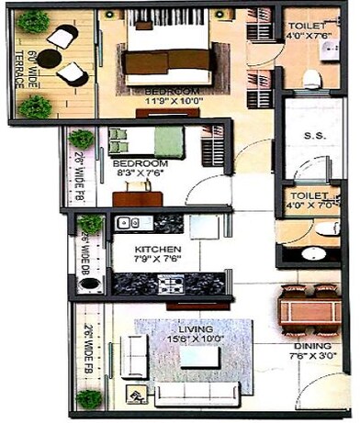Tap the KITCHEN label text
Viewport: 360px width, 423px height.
[x=149, y=250]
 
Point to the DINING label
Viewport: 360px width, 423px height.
[x=309, y=346]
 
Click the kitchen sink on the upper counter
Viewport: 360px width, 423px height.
[x=127, y=223]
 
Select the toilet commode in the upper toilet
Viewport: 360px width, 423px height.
[x=312, y=75]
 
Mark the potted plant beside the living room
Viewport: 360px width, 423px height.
[x=89, y=398]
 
